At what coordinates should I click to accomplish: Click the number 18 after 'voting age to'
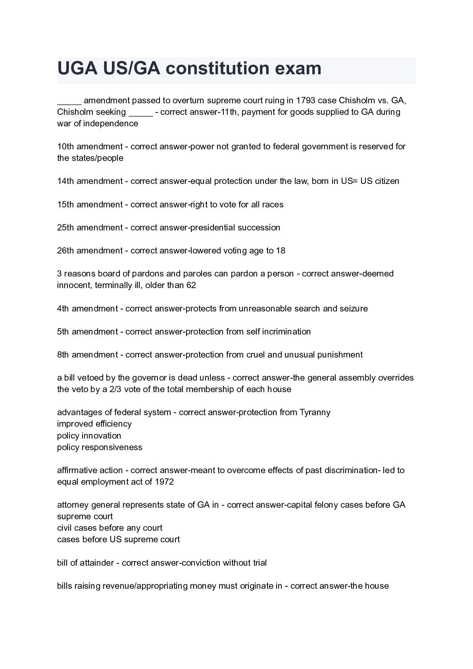click(x=281, y=251)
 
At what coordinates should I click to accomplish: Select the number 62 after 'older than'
click(x=191, y=285)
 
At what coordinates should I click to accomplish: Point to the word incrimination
click(x=286, y=332)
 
